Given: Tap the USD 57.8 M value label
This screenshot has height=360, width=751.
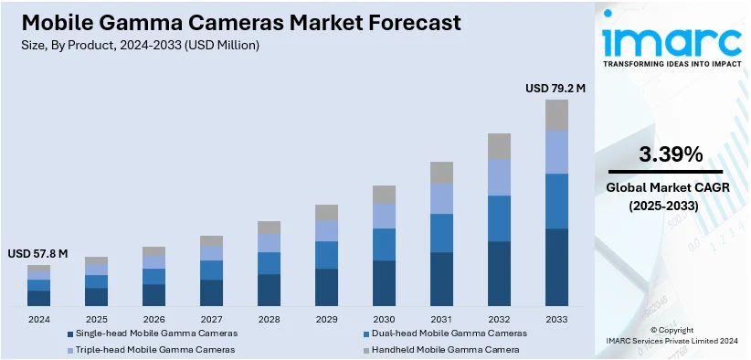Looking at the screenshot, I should (38, 253).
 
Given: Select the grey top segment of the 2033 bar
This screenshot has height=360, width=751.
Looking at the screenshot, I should (556, 115).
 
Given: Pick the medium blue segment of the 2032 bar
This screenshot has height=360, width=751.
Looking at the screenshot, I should (499, 217).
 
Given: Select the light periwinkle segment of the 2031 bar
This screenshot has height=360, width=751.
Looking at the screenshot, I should (441, 198).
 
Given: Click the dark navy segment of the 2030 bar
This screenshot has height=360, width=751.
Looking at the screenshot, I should (384, 283).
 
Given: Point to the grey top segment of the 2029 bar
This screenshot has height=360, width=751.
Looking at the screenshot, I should (326, 212).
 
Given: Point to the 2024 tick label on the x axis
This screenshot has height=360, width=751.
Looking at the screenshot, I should (39, 319).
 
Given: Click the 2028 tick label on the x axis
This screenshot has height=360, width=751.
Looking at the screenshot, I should (269, 319).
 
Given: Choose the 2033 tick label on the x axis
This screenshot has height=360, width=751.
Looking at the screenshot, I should (556, 319).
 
